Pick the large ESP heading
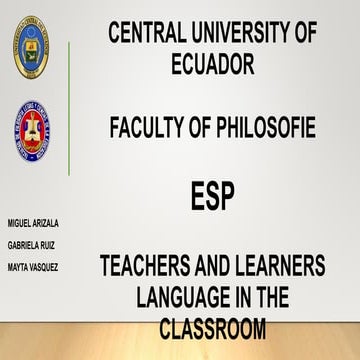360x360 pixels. point(212,196)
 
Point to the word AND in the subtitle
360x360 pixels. point(213,267)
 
